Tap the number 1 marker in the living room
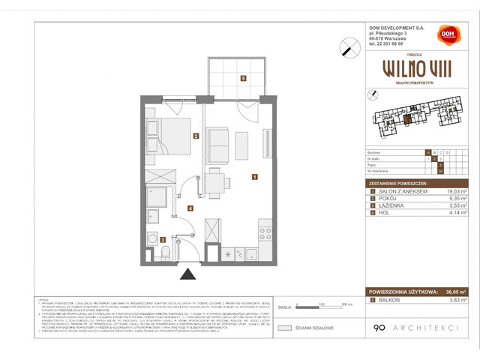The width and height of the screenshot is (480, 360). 255,178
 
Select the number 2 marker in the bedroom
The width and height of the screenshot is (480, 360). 195,136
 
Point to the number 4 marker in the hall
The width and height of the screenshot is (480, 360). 190,208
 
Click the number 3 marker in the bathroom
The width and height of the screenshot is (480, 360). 163,239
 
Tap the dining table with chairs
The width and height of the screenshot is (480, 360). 214,180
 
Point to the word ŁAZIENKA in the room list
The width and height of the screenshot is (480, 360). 390,207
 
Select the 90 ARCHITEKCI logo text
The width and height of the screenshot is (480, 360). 413,327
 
